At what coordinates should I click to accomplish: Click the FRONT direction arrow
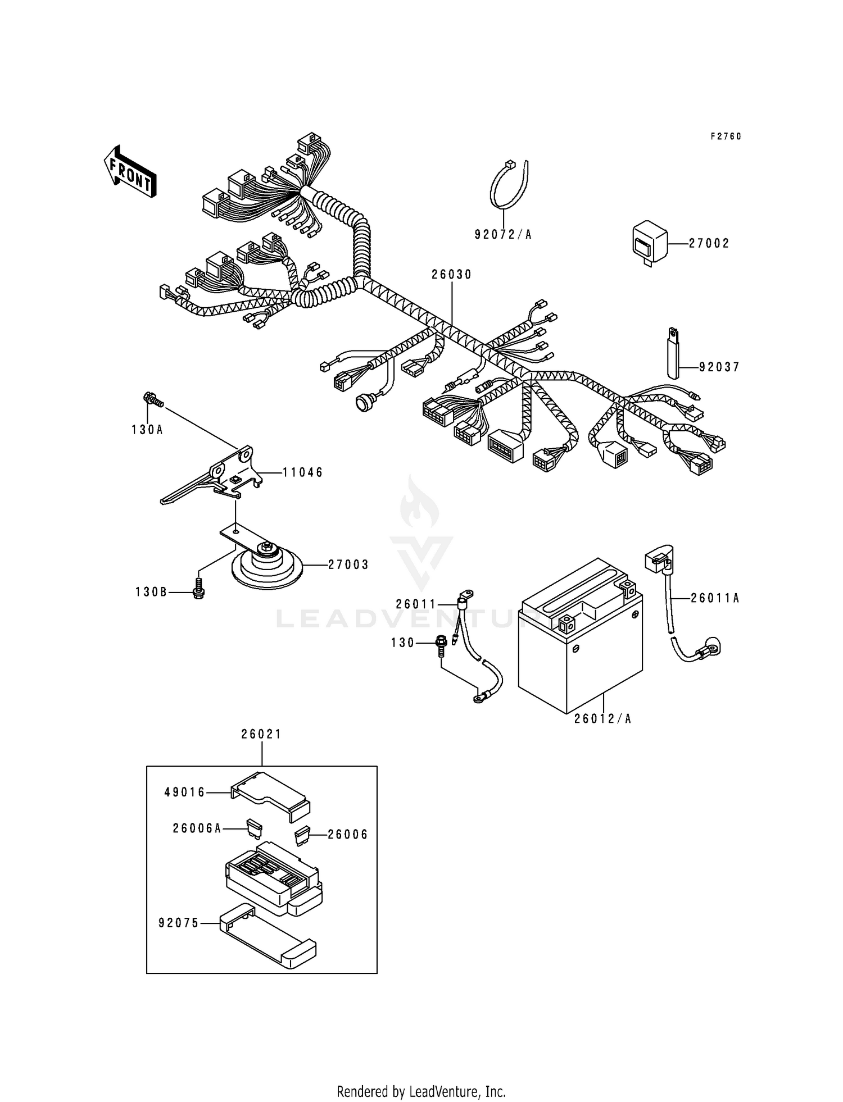[130, 172]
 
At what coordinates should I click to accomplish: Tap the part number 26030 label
[451, 275]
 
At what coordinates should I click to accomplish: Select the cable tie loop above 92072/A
[509, 185]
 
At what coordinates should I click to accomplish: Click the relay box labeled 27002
[650, 243]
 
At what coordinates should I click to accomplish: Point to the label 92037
[719, 367]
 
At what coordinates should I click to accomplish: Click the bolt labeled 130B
[198, 591]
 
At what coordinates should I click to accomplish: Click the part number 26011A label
[715, 599]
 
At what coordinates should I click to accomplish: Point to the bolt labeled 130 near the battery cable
[441, 644]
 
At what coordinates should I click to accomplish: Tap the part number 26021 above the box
[261, 734]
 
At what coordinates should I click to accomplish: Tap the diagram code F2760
[726, 136]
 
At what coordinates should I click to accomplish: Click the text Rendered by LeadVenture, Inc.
[421, 1091]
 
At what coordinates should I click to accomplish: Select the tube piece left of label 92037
[674, 354]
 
